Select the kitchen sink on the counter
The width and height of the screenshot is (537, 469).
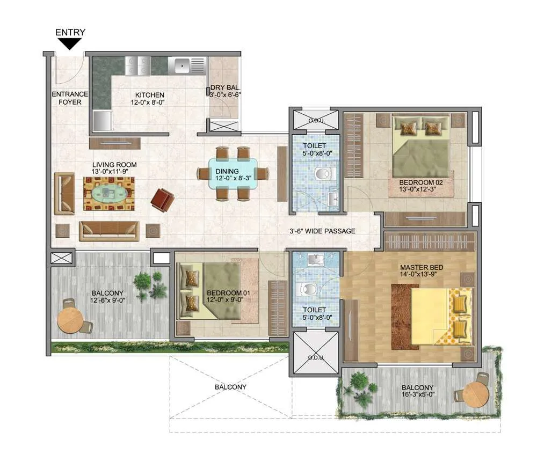point(182,66)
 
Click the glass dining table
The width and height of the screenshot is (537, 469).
point(232,173)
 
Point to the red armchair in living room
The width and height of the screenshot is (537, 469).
point(162,200)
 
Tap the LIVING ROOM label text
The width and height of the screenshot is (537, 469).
point(114,165)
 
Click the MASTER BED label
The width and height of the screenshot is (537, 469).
point(421,267)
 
